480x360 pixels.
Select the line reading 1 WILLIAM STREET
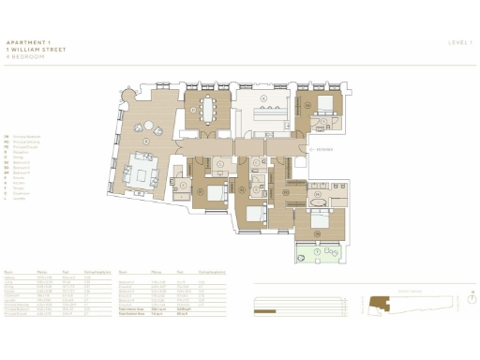click(x=33, y=49)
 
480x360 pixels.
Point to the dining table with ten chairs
click(x=205, y=111)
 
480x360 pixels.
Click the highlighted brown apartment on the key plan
click(x=379, y=302)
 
